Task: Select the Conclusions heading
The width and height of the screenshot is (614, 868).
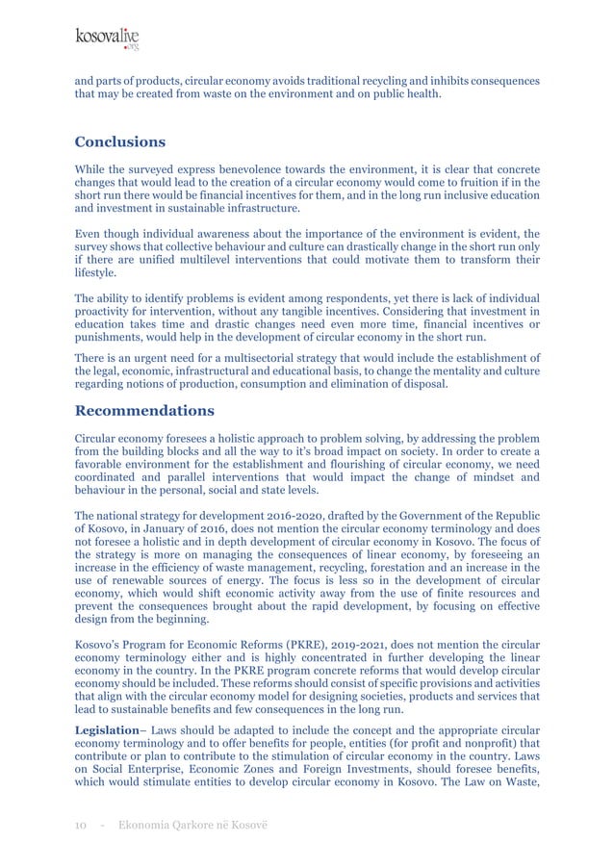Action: click(119, 142)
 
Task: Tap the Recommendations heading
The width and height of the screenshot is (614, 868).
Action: click(144, 411)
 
